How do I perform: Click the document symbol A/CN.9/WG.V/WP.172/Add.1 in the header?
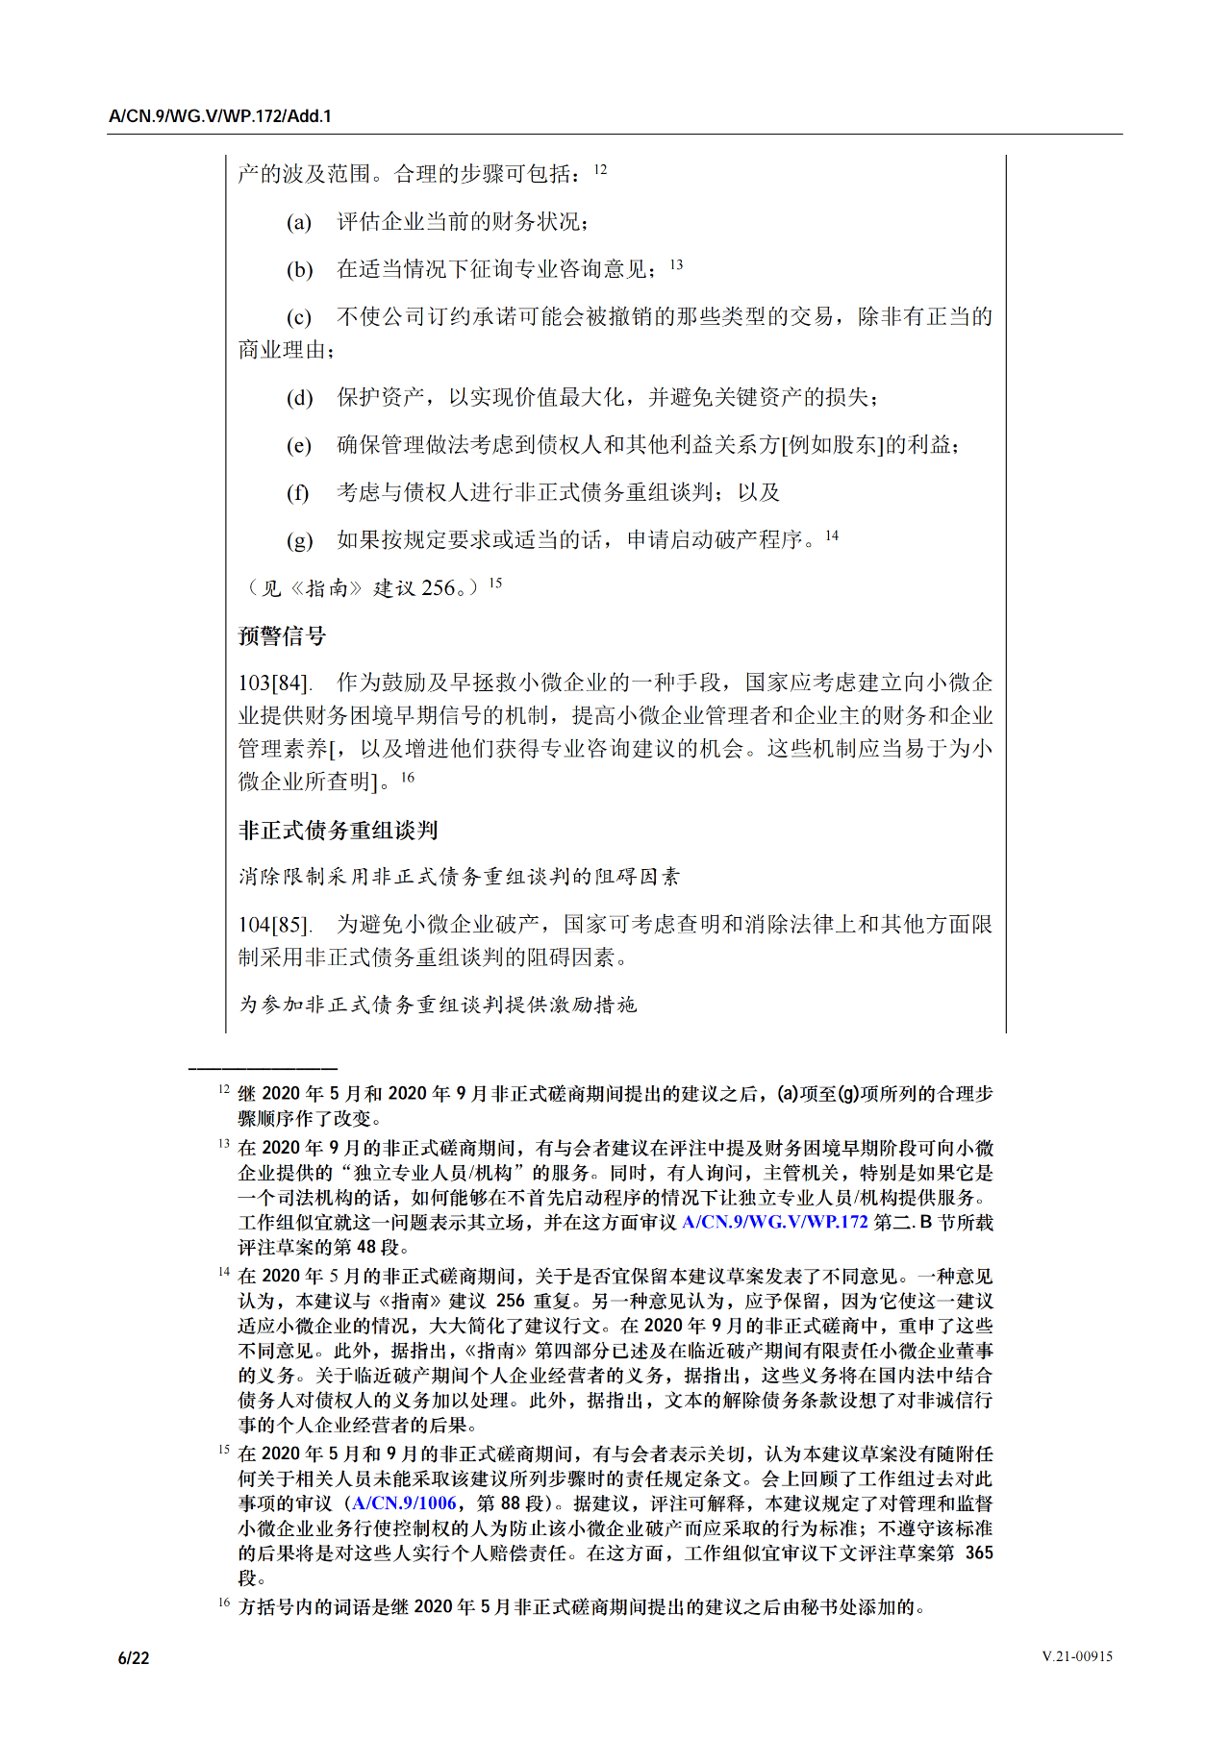tap(220, 116)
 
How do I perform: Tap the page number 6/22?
tap(134, 1658)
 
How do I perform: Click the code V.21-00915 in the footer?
tap(1077, 1656)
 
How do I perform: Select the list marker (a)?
tap(299, 223)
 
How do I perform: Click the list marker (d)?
tap(299, 398)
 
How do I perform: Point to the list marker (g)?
tap(299, 541)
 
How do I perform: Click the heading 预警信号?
tap(282, 636)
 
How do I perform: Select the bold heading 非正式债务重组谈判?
tap(338, 831)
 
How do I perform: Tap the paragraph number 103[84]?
tap(275, 683)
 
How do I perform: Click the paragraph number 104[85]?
tap(275, 926)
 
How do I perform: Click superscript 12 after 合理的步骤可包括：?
tap(600, 170)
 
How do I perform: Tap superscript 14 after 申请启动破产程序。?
tap(832, 535)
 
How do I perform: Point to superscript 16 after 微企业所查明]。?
tap(408, 778)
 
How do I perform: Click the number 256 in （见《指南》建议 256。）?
tap(439, 588)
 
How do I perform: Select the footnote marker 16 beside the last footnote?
tap(223, 1603)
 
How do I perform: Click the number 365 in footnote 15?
tap(979, 1553)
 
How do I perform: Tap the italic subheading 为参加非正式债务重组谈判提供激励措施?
tap(438, 1006)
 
